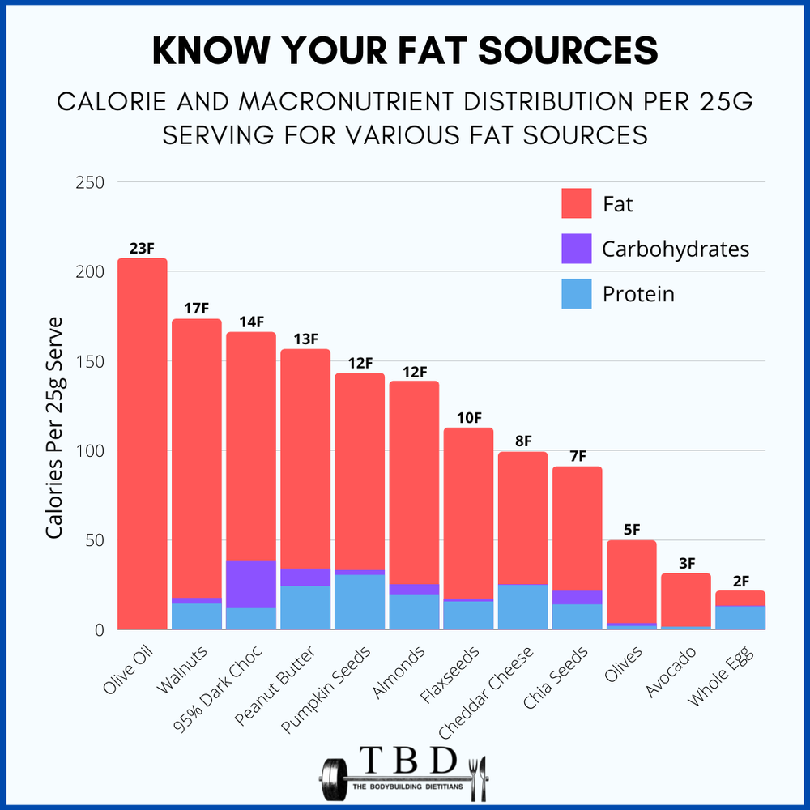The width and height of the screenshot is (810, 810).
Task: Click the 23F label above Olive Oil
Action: (x=142, y=248)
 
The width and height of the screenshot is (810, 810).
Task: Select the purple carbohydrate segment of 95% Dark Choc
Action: (x=251, y=583)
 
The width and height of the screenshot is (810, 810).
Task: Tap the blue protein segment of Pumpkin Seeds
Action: (x=360, y=602)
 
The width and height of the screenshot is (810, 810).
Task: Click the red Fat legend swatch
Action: (x=577, y=203)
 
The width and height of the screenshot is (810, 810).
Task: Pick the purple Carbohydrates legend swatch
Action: (x=577, y=249)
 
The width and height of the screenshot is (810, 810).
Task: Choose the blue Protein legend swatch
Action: (x=577, y=293)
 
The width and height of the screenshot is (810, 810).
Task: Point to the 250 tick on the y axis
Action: (x=92, y=182)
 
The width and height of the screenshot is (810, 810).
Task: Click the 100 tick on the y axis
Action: (x=92, y=450)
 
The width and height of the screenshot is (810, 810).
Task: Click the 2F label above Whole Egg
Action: (x=740, y=581)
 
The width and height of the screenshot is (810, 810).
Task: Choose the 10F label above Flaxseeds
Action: (x=469, y=418)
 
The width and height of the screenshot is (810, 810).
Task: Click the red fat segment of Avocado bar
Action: (x=686, y=599)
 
